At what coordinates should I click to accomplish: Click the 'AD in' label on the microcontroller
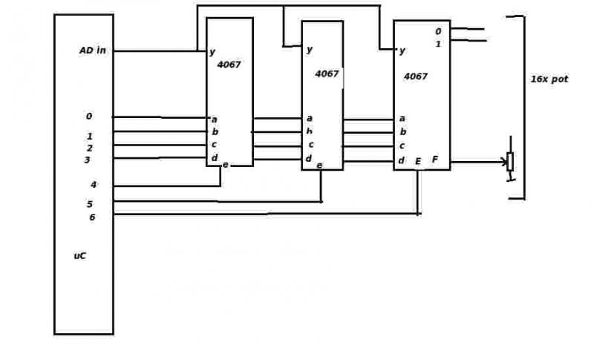tap(93, 50)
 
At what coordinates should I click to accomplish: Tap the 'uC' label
tap(80, 256)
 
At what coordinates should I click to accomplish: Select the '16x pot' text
tap(549, 79)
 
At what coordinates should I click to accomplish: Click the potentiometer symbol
tap(510, 160)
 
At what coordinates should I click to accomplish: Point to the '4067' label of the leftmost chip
tap(229, 65)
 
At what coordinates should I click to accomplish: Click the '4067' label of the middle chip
tap(327, 73)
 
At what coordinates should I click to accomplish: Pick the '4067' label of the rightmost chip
tap(416, 76)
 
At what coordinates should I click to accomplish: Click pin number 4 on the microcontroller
tap(94, 185)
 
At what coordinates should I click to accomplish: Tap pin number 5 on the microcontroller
tap(90, 204)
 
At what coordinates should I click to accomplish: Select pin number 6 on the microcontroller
tap(92, 217)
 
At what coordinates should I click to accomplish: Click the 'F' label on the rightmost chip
tap(435, 160)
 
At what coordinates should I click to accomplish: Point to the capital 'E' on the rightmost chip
tap(418, 162)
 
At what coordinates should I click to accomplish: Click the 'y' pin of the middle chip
tap(310, 50)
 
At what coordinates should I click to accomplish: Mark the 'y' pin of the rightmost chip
tap(402, 50)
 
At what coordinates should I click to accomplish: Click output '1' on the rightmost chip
tap(438, 45)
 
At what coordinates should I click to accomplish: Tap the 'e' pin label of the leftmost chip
tap(226, 165)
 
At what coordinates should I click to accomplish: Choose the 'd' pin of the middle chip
tap(309, 158)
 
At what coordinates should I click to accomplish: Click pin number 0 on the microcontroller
tap(89, 117)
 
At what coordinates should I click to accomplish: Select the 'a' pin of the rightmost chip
tap(402, 119)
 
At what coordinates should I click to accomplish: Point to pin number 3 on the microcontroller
tap(87, 160)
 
